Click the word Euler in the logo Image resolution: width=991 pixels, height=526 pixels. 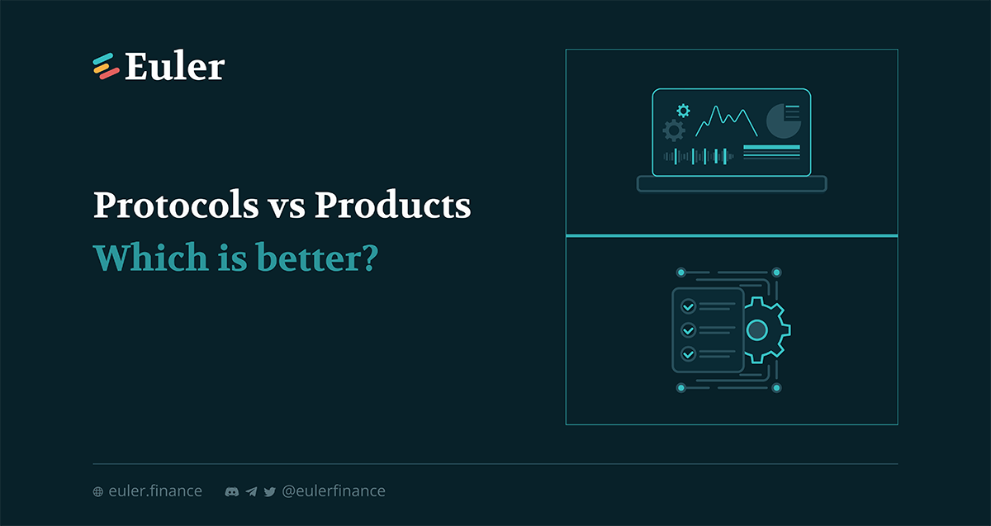click(175, 66)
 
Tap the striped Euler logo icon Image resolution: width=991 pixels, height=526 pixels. click(107, 66)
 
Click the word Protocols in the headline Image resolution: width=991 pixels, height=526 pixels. click(176, 205)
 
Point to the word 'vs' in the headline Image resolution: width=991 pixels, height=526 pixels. click(287, 208)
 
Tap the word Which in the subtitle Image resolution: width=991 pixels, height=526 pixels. click(150, 257)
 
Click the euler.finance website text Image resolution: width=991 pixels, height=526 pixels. click(155, 491)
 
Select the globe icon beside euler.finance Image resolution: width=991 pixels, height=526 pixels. click(97, 491)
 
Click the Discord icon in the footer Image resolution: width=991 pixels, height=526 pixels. click(232, 491)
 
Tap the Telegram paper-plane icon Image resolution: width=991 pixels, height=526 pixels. click(251, 491)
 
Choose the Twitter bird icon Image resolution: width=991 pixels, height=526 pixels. click(270, 492)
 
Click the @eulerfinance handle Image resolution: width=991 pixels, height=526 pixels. click(334, 491)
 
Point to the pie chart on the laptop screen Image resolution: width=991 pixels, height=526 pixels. click(783, 121)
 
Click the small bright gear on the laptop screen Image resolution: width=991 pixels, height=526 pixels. click(684, 111)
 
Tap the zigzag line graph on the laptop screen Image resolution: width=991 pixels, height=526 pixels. click(727, 121)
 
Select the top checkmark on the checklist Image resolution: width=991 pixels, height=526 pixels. click(688, 306)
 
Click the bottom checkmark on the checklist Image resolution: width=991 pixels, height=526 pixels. click(688, 354)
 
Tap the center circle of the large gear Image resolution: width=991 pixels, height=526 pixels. click(757, 330)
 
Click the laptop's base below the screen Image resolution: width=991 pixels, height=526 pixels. click(732, 183)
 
